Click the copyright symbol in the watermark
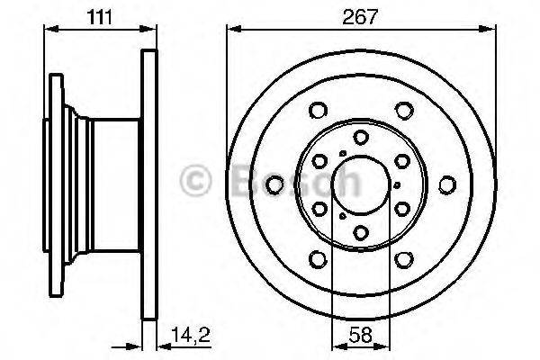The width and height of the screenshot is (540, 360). [x=196, y=180]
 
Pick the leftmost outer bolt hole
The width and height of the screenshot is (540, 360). [x=272, y=186]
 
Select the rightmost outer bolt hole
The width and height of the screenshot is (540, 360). [x=447, y=186]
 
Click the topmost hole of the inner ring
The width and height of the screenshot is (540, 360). [x=360, y=137]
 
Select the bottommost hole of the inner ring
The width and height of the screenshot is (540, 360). [x=360, y=233]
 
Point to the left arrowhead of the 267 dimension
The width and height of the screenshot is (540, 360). [x=231, y=29]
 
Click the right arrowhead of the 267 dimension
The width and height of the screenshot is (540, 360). [x=492, y=29]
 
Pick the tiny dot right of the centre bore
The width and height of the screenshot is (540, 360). [x=396, y=185]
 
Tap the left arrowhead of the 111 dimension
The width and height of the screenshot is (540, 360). [x=47, y=29]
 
